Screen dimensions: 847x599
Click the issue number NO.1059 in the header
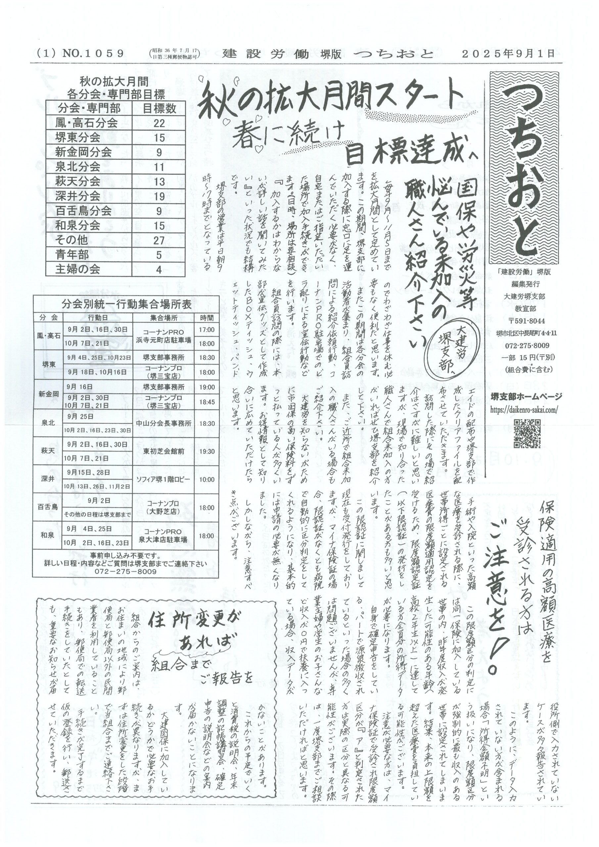click(93, 54)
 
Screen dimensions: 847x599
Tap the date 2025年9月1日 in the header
click(508, 54)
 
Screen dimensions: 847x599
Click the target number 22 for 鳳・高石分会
click(159, 123)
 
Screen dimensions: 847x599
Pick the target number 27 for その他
click(159, 240)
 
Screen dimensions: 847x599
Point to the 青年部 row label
click(72, 254)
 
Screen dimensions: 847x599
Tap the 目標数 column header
click(159, 108)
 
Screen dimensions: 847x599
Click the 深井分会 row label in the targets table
click(78, 196)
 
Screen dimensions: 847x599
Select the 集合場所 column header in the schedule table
click(164, 318)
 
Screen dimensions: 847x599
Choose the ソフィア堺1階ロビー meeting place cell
click(164, 479)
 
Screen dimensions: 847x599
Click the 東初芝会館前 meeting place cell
click(164, 452)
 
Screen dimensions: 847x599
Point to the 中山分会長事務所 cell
click(164, 423)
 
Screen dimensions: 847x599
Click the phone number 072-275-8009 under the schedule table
click(125, 571)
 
